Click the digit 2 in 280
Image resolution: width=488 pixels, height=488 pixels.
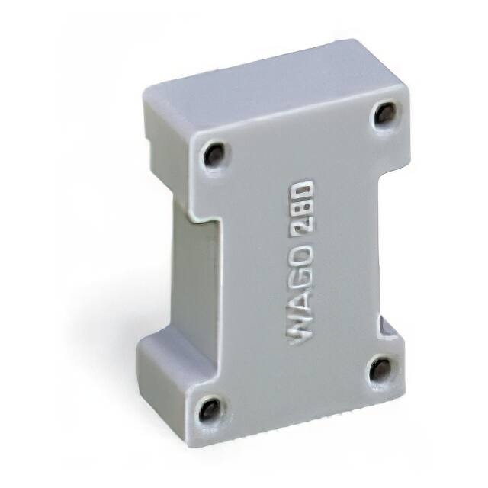pyautogui.click(x=303, y=226)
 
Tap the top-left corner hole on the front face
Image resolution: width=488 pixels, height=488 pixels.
pyautogui.click(x=213, y=155)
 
